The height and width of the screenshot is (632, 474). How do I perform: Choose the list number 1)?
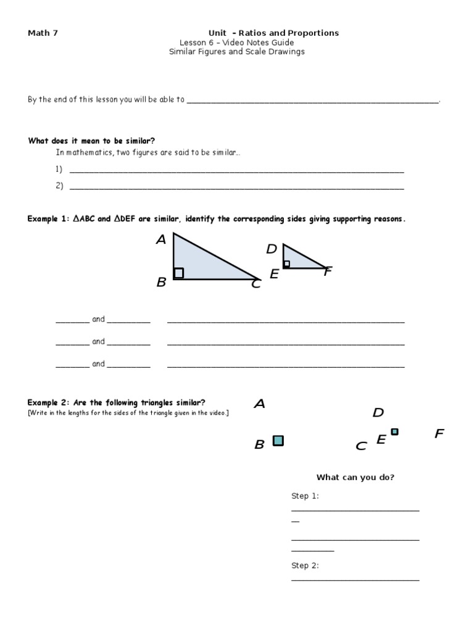[x=59, y=169]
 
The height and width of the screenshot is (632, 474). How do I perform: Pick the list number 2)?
[x=59, y=185]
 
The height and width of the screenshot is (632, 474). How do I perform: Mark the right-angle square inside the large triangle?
[x=178, y=273]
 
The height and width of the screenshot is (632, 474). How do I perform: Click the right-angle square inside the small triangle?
[x=286, y=264]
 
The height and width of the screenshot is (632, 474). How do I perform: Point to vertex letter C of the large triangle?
[x=256, y=284]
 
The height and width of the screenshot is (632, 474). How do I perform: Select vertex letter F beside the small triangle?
[x=328, y=271]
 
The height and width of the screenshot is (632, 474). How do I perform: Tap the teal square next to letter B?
[x=278, y=440]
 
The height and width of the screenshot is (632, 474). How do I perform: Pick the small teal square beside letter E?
[x=394, y=432]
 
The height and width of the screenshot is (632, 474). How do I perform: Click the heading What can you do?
[x=355, y=477]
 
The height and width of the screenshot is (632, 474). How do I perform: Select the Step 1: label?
[x=305, y=496]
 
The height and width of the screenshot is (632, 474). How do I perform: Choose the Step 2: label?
[x=305, y=565]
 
